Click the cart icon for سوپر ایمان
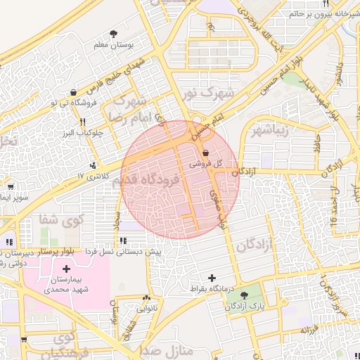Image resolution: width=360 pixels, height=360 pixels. click(x=11, y=187)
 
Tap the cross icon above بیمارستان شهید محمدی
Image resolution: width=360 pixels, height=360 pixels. click(x=67, y=269)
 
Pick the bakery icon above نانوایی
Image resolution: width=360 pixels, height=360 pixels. click(x=146, y=297)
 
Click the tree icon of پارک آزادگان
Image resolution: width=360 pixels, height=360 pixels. click(x=244, y=295)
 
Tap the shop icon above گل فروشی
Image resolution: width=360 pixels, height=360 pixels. click(x=205, y=153)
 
